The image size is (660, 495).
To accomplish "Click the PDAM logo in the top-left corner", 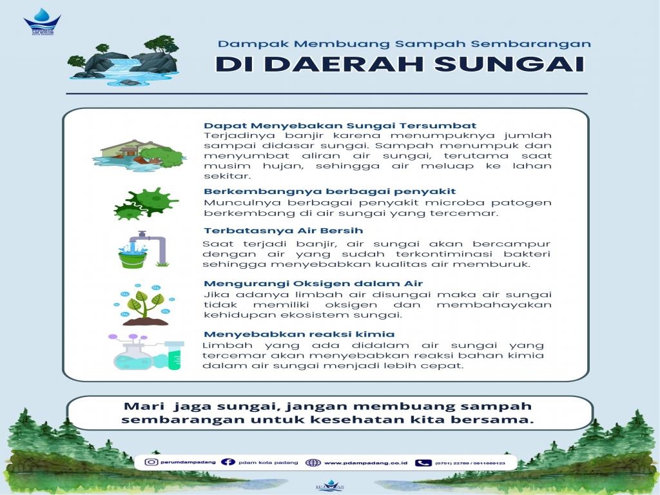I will pyautogui.click(x=41, y=22).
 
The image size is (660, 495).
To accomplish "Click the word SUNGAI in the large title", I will pyautogui.click(x=518, y=65).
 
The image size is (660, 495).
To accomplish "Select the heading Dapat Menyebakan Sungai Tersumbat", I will pyautogui.click(x=340, y=126).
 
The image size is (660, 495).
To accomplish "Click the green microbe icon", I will pyautogui.click(x=146, y=203).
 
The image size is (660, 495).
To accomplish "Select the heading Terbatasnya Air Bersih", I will pyautogui.click(x=283, y=231).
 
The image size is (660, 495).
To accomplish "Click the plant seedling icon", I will pyautogui.click(x=145, y=305).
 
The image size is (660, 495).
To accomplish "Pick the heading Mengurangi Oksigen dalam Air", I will pyautogui.click(x=313, y=284).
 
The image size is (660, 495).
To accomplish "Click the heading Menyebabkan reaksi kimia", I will pyautogui.click(x=299, y=335).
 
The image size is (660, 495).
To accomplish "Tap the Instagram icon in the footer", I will pyautogui.click(x=151, y=462).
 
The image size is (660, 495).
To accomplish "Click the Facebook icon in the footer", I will pyautogui.click(x=228, y=462).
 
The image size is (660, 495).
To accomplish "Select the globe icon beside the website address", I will pyautogui.click(x=313, y=462).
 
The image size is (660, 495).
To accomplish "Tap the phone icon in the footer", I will pyautogui.click(x=423, y=462).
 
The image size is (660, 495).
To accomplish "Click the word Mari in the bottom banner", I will pyautogui.click(x=141, y=406).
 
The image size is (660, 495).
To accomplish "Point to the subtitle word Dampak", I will pyautogui.click(x=241, y=44).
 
